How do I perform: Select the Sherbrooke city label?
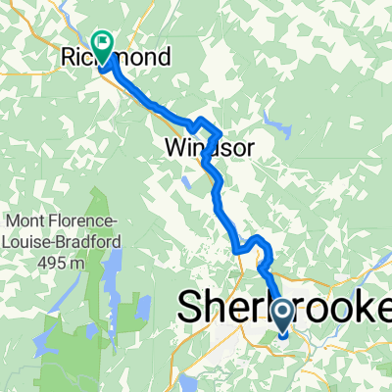coord(284,309)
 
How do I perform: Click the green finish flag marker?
coord(102,42)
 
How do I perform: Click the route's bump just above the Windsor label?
coord(205,123)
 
